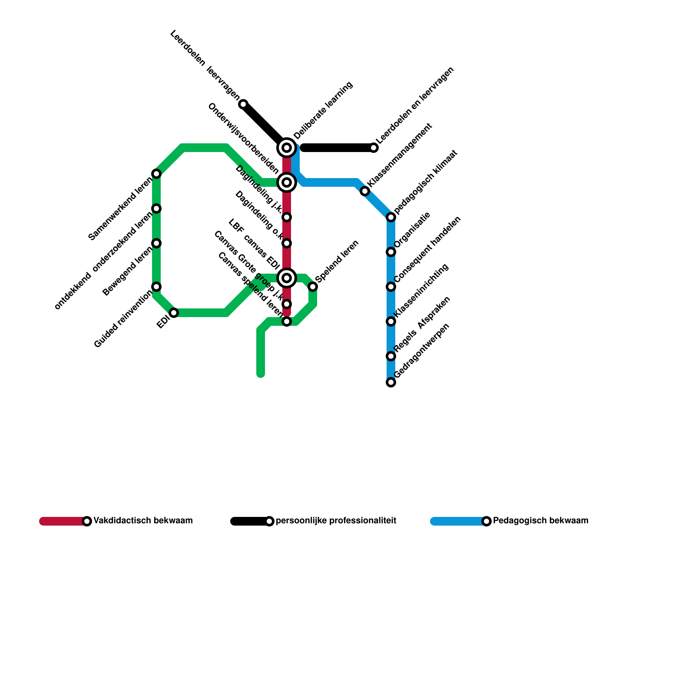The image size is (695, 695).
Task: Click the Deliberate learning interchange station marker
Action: click(287, 148)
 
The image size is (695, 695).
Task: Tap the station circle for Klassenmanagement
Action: click(365, 191)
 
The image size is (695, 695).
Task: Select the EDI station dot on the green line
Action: click(174, 313)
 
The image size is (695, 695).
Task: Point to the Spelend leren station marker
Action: click(313, 287)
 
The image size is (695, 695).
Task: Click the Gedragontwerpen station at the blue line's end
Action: click(391, 382)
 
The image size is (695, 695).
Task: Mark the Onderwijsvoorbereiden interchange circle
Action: click(287, 182)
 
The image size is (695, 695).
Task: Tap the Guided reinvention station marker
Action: click(157, 287)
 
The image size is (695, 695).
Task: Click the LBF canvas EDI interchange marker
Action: click(287, 278)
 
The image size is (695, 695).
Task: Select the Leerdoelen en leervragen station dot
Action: click(374, 148)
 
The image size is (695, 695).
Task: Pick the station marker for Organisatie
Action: click(391, 252)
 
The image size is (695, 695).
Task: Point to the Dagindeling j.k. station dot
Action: click(287, 217)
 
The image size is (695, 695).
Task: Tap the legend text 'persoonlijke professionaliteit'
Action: click(336, 520)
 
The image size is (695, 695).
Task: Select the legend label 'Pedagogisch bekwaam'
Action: click(540, 520)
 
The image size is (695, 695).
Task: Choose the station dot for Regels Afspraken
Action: click(391, 356)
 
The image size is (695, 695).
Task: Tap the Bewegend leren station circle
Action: click(157, 243)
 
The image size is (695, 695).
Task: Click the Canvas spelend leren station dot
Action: click(287, 321)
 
